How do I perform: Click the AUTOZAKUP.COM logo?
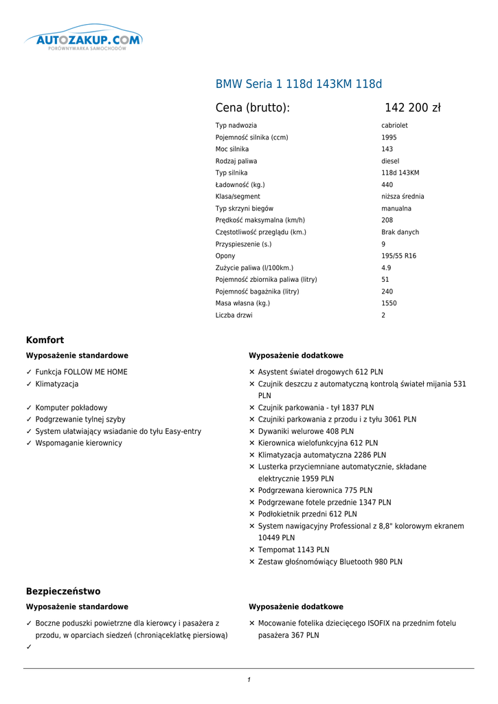pyautogui.click(x=84, y=41)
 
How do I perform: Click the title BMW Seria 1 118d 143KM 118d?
pyautogui.click(x=299, y=85)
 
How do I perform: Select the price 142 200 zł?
pyautogui.click(x=412, y=108)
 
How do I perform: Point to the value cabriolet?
pyautogui.click(x=394, y=126)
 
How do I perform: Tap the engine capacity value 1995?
pyautogui.click(x=389, y=137)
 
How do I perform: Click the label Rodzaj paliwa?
pyautogui.click(x=236, y=161)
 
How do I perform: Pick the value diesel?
pyautogui.click(x=390, y=161)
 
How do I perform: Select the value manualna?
pyautogui.click(x=396, y=208)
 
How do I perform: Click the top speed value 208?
pyautogui.click(x=387, y=220)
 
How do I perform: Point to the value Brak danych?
pyautogui.click(x=400, y=232)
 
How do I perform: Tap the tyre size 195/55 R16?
pyautogui.click(x=398, y=256)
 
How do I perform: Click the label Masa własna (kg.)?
pyautogui.click(x=242, y=303)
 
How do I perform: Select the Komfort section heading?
pyautogui.click(x=45, y=340)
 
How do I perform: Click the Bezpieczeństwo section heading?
pyautogui.click(x=63, y=591)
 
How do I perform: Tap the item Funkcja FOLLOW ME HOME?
pyautogui.click(x=81, y=372)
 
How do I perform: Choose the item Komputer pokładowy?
pyautogui.click(x=71, y=408)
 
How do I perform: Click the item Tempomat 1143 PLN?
pyautogui.click(x=293, y=550)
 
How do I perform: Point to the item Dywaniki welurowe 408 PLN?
pyautogui.click(x=306, y=431)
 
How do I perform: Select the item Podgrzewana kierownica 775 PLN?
pyautogui.click(x=315, y=490)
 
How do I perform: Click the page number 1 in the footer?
pyautogui.click(x=249, y=680)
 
